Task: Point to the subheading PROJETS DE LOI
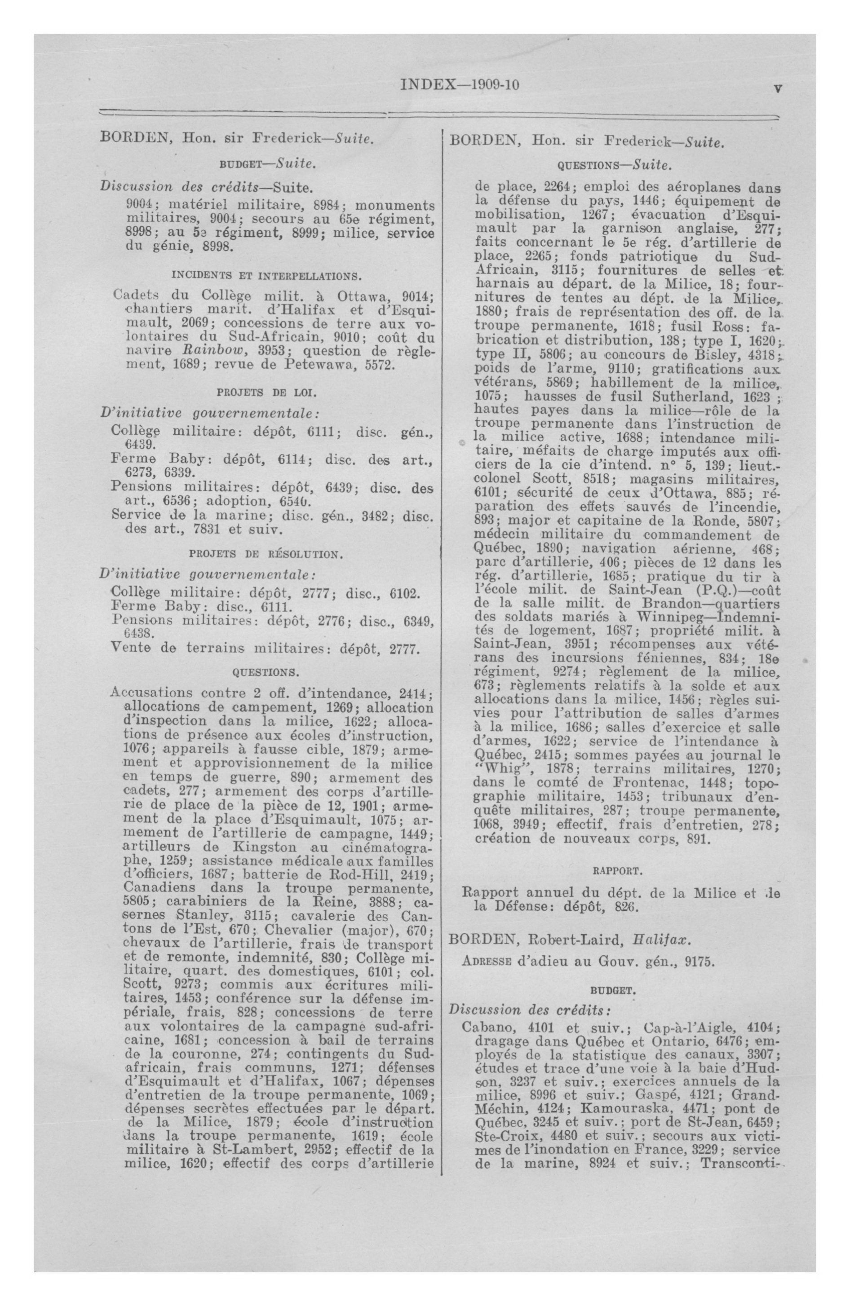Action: pyautogui.click(x=267, y=393)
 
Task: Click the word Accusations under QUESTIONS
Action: pyautogui.click(x=151, y=693)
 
